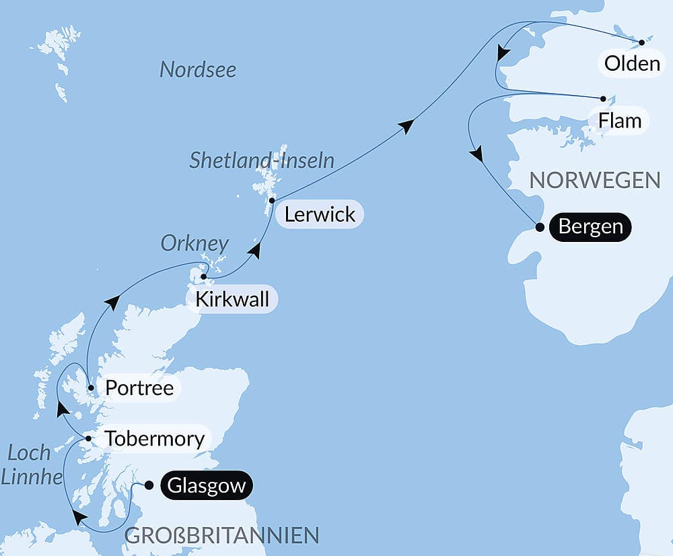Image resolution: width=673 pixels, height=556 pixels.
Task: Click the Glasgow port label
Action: pos(207,486)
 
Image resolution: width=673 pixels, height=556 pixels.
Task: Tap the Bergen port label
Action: pos(590,226)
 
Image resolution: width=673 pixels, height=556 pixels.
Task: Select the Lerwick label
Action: pos(320,214)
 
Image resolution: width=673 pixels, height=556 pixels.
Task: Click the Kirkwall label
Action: pos(232,299)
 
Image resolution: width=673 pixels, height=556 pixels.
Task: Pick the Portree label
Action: pos(139,388)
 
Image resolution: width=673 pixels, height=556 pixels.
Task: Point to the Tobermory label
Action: pos(155,439)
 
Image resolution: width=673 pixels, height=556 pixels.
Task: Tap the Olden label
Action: pos(632,64)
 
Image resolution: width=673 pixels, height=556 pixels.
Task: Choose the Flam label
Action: pos(619,121)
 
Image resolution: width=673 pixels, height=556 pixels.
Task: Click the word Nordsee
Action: pos(198,69)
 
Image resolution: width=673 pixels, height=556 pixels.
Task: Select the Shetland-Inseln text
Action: pos(262,160)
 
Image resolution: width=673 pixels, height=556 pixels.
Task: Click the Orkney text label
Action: pos(194,243)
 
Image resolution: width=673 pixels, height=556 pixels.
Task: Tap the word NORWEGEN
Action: pos(594,180)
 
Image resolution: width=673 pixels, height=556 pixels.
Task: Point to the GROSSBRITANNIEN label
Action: pos(222,536)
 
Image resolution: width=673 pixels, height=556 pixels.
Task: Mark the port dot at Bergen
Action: pos(539,227)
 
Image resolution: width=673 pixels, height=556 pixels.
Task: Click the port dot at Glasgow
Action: pos(149,485)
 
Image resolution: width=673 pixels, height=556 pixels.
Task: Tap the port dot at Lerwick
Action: pos(271,200)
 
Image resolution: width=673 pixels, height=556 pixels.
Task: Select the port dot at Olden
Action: pos(641,42)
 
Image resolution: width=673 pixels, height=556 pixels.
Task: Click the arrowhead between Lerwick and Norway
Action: pos(406,125)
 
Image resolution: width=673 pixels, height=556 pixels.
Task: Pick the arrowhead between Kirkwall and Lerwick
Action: pos(254,251)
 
